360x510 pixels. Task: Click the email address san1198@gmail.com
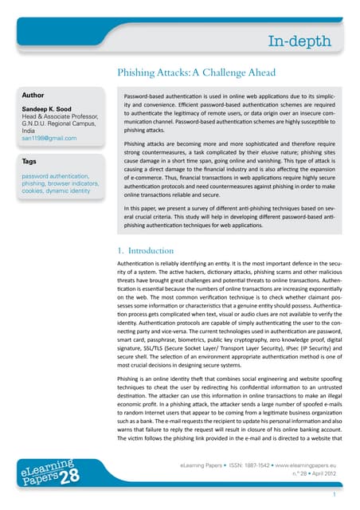49,139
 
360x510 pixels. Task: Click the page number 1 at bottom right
335,495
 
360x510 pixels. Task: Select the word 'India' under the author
30,131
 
